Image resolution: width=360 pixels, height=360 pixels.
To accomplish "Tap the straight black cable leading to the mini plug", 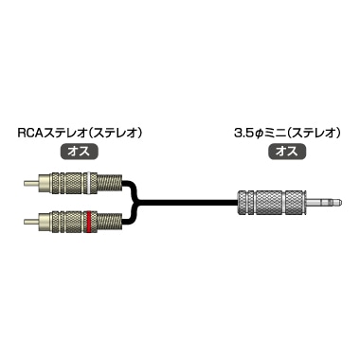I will pos(189,201).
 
